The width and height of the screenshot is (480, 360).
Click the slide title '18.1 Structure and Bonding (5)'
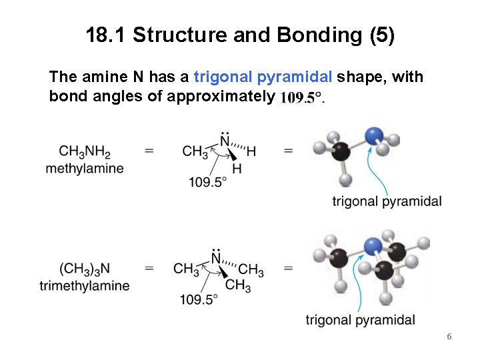(240, 35)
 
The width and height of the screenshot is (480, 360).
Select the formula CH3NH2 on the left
(85, 152)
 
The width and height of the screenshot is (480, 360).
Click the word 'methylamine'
(85, 168)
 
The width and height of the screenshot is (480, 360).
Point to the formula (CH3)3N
(85, 269)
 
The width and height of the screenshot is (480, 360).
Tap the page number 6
(449, 337)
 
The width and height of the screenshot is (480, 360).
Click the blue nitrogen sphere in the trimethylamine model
(375, 246)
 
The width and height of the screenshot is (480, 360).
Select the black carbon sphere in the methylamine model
(341, 151)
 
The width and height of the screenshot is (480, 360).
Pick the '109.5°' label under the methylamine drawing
(207, 182)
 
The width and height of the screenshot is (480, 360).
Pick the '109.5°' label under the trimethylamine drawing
(199, 299)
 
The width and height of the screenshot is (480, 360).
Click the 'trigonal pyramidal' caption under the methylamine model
(387, 201)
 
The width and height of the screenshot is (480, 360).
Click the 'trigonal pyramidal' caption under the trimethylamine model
(361, 320)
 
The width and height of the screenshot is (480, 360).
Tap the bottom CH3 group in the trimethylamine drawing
(238, 285)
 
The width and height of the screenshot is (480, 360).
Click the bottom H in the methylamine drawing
(237, 168)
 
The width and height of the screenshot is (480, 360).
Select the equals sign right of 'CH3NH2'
(149, 152)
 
